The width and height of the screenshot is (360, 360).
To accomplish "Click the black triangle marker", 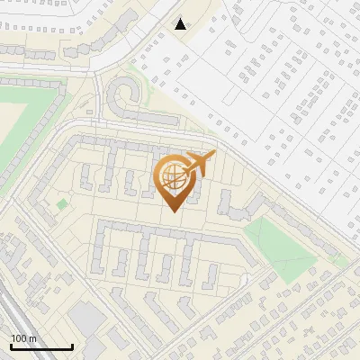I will pos(181,24).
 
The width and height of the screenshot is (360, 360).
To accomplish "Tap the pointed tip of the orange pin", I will pos(172,211).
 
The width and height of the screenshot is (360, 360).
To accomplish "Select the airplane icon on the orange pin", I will pos(199,163).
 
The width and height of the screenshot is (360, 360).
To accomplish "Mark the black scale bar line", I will pos(41,346).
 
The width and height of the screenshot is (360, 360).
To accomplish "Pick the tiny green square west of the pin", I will pos(62,204).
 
